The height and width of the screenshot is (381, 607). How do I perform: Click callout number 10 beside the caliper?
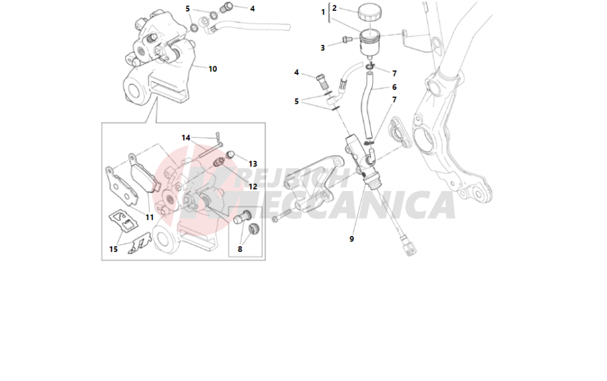212,69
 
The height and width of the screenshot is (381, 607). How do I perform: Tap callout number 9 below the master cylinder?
351,239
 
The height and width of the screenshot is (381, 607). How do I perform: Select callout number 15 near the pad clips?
114,249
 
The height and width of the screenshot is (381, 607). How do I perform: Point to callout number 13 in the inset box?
253,164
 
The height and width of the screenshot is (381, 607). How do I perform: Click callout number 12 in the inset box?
253,187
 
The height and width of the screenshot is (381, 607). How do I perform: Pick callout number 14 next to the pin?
186,138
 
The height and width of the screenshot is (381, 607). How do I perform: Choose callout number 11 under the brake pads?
149,217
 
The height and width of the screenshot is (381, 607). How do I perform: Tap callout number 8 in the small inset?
240,249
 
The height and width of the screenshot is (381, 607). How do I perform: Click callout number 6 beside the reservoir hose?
395,87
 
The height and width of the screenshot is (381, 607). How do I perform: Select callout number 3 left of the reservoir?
322,48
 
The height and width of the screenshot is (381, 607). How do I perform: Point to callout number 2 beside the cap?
334,8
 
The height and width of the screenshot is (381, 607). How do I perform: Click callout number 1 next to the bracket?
324,12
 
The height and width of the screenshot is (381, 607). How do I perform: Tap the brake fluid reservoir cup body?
370,42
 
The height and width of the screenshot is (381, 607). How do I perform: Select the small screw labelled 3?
346,39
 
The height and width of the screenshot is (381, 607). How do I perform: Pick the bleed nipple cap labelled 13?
230,155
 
